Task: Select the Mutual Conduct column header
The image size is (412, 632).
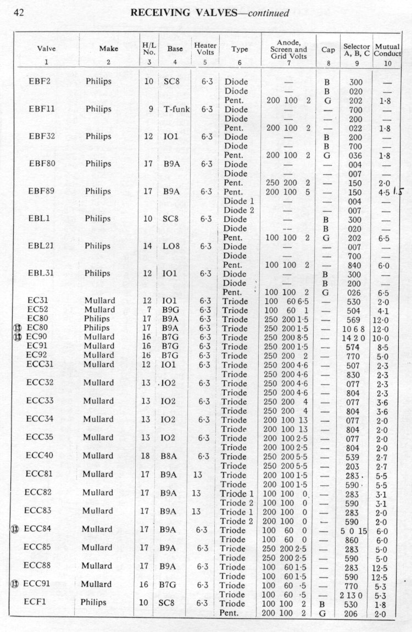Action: [387, 51]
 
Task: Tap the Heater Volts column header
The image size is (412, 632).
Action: [205, 49]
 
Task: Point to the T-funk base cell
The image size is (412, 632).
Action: [175, 109]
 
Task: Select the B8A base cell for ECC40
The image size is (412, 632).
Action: [170, 456]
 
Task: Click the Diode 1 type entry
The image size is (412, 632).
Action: [236, 201]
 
